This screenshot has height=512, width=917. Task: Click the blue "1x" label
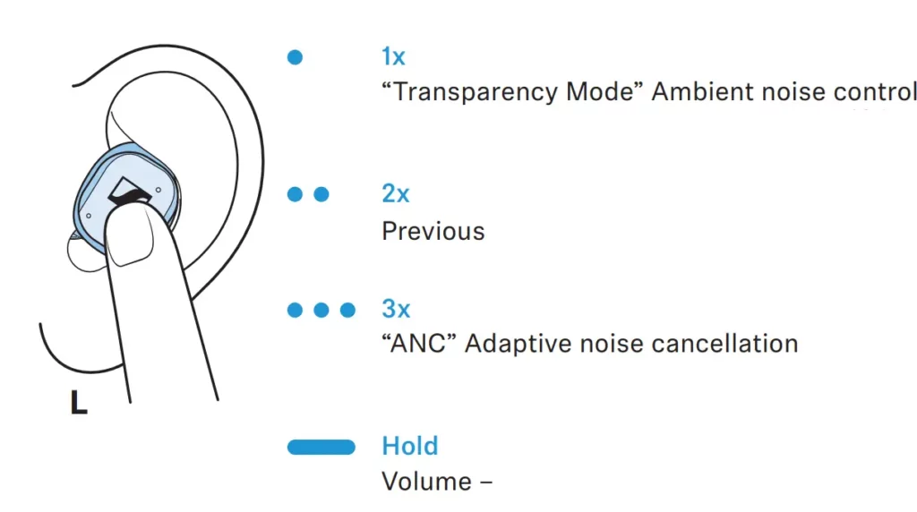(x=394, y=56)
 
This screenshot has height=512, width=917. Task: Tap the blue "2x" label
(x=395, y=193)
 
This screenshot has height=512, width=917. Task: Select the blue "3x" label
(x=396, y=309)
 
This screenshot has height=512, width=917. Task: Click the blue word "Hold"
(x=410, y=446)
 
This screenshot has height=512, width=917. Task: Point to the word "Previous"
(x=433, y=232)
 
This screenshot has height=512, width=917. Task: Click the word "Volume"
(x=427, y=482)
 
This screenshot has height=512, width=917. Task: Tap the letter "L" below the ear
(x=79, y=402)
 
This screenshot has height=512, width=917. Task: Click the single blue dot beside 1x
(x=295, y=57)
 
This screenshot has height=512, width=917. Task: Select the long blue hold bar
(x=321, y=448)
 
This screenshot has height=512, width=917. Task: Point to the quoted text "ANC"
(x=418, y=344)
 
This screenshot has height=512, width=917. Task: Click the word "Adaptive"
(x=518, y=345)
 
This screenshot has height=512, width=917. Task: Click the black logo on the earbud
(x=129, y=192)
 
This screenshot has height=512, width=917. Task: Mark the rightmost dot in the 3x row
(x=347, y=310)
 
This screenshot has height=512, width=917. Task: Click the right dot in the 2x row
(x=321, y=194)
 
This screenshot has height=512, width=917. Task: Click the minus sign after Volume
(x=486, y=482)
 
